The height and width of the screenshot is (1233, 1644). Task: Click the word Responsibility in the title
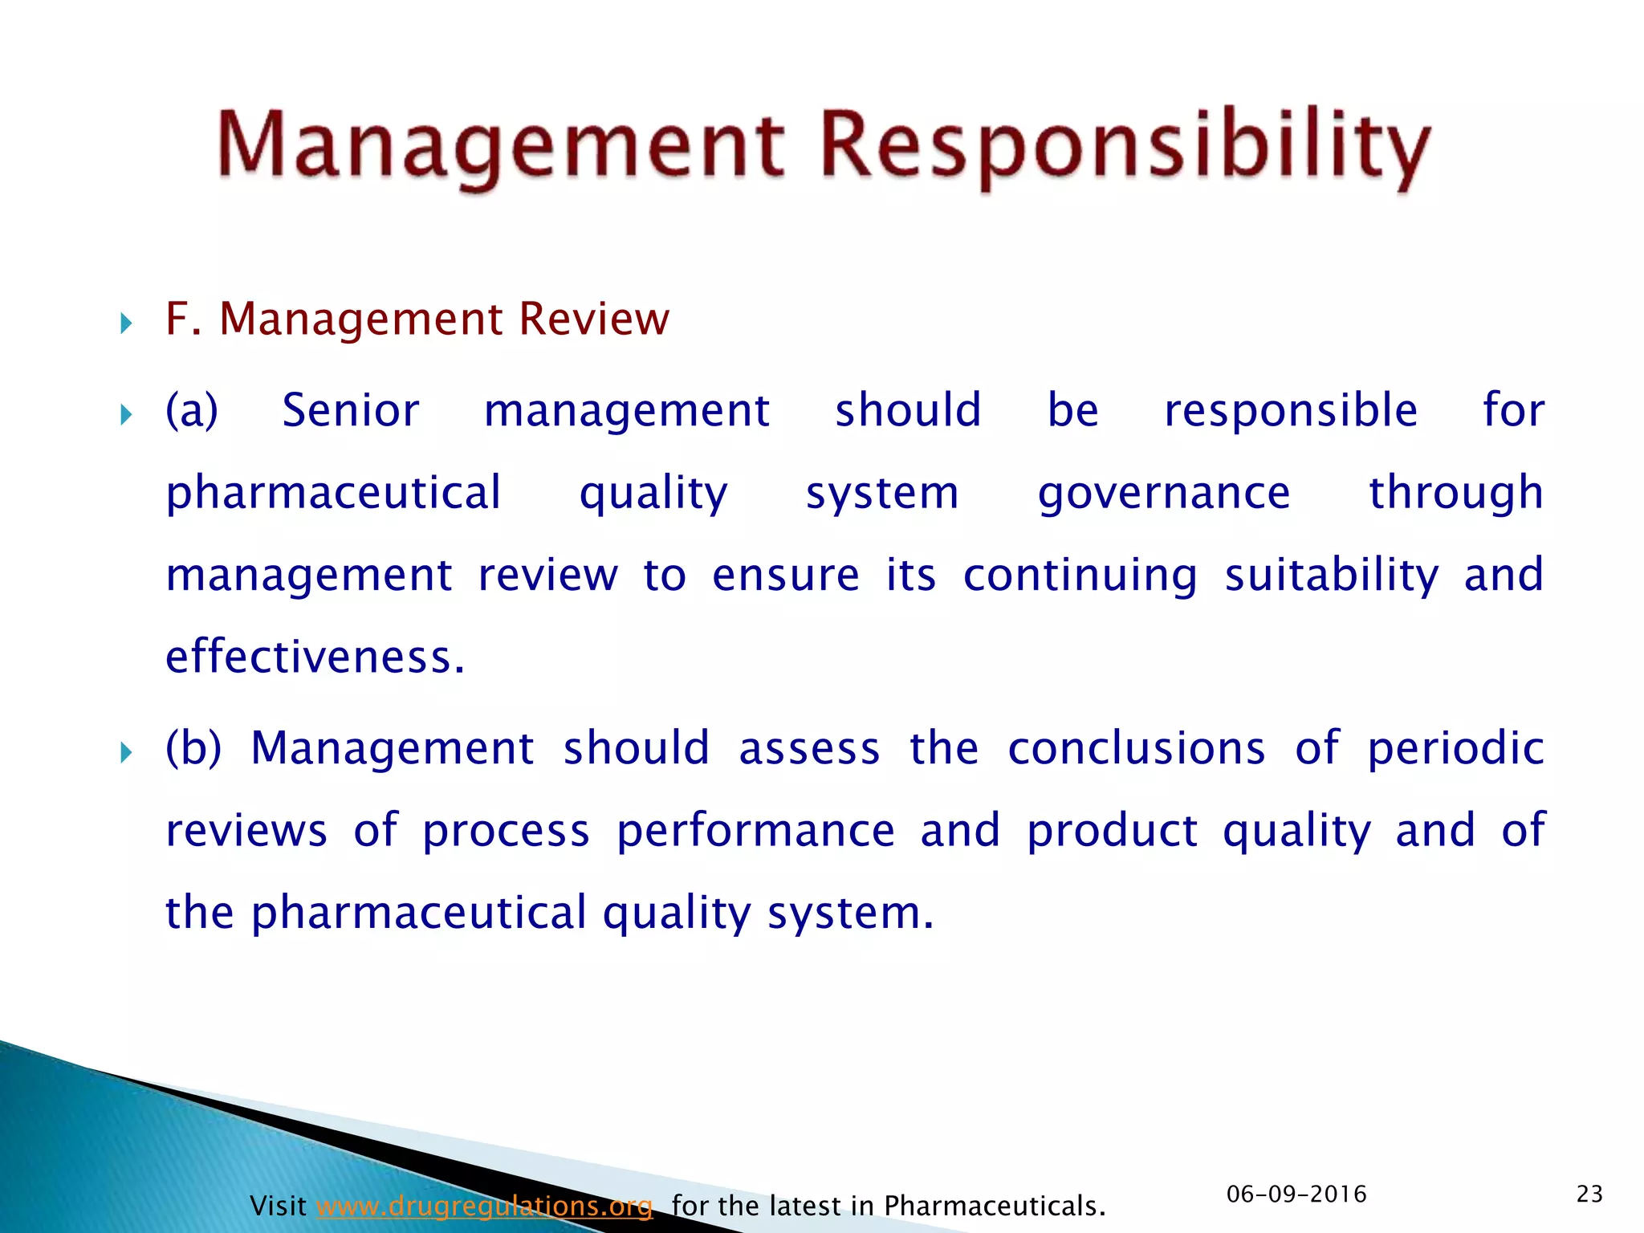click(x=1124, y=149)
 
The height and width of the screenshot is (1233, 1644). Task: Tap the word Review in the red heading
click(x=593, y=319)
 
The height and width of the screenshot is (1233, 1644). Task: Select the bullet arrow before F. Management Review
click(x=125, y=324)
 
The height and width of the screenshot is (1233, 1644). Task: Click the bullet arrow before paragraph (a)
click(x=125, y=415)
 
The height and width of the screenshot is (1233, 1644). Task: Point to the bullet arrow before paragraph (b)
click(x=125, y=753)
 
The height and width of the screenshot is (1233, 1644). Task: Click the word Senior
click(x=350, y=410)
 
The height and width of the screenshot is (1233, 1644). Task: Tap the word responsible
click(x=1290, y=410)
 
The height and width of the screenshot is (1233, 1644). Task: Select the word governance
click(x=1163, y=493)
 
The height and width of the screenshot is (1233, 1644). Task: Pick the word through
click(x=1455, y=493)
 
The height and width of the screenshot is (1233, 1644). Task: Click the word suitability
click(x=1331, y=576)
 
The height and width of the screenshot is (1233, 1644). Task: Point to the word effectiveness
click(x=315, y=657)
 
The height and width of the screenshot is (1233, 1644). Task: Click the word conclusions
click(x=1136, y=748)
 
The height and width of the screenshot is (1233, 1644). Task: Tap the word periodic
click(x=1455, y=748)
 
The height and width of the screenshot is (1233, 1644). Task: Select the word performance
click(x=755, y=831)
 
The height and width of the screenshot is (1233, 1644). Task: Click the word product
click(x=1112, y=831)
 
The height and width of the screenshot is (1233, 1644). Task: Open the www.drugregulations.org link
click(x=484, y=1206)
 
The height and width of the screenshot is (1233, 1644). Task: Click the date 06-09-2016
click(x=1296, y=1194)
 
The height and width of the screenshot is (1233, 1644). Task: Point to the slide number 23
click(x=1589, y=1194)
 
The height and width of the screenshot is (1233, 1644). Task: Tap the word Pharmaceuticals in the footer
click(x=994, y=1206)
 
